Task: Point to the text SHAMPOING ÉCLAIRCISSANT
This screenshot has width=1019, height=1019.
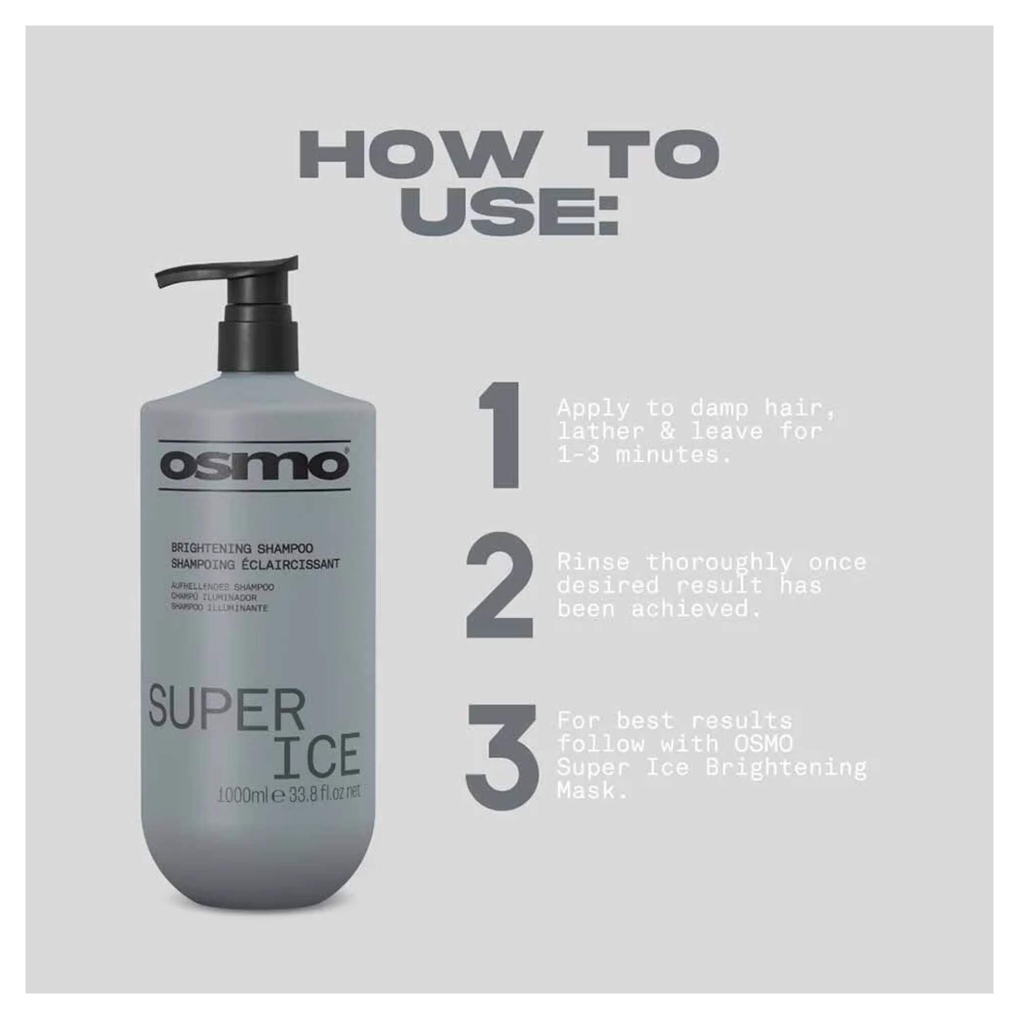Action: coord(254,564)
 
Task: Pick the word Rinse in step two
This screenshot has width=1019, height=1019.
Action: coord(593,563)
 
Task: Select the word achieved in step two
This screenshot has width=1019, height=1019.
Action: coord(696,610)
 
